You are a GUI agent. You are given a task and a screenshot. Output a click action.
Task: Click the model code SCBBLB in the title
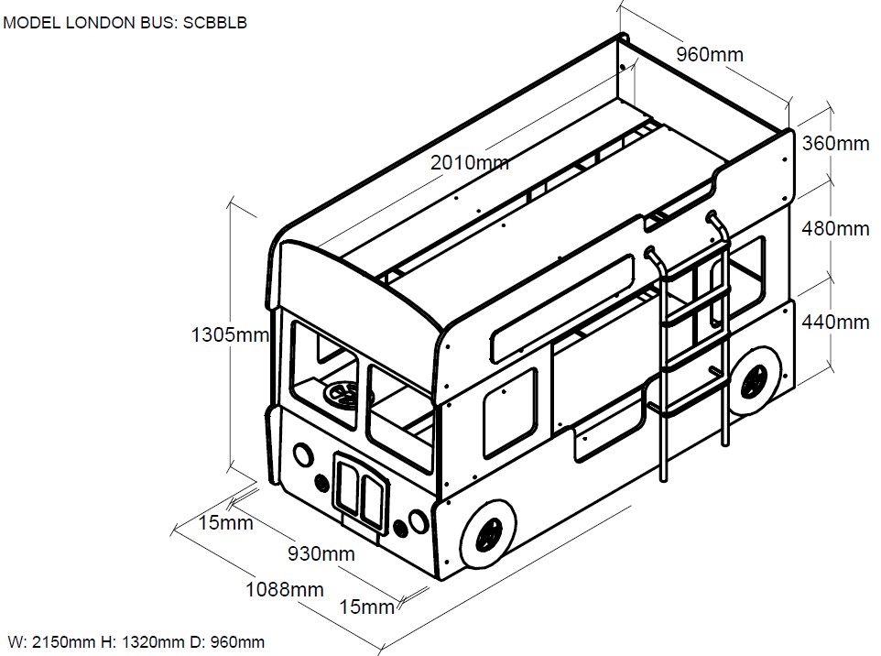[x=214, y=22]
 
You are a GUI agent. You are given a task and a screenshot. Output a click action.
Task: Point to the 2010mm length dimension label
[x=469, y=163]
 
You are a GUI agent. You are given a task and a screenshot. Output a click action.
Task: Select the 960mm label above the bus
[x=710, y=54]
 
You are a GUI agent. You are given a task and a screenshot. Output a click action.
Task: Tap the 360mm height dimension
[x=835, y=143]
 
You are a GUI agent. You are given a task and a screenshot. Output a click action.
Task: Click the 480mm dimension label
[x=835, y=228]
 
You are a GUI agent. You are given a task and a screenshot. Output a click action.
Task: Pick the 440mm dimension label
[x=835, y=322]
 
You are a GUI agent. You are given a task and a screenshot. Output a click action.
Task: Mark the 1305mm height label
[x=230, y=334]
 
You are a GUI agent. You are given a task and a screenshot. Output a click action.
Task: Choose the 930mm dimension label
[x=321, y=553]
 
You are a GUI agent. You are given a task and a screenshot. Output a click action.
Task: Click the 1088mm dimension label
[x=284, y=589]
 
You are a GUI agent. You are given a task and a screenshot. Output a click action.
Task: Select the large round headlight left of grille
[x=302, y=454]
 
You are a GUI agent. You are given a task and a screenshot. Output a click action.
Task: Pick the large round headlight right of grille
[x=418, y=521]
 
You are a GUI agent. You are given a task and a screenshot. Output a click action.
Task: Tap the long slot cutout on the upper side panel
[x=562, y=309]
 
